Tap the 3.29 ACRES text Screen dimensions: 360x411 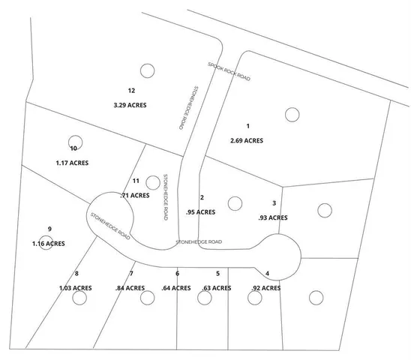(x=130, y=105)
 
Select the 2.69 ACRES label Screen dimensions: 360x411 (x=247, y=140)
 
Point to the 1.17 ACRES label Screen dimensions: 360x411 (x=73, y=162)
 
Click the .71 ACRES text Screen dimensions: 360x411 (x=134, y=196)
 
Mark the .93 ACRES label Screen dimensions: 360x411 (x=272, y=217)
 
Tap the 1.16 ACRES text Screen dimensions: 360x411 (x=48, y=244)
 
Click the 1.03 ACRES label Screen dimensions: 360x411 (x=76, y=288)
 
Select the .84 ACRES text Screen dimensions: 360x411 (x=130, y=288)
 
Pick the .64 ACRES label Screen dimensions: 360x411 (x=177, y=288)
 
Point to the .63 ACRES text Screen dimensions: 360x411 (x=217, y=288)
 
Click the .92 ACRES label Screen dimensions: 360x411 (x=265, y=288)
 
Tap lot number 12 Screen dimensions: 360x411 (x=131, y=91)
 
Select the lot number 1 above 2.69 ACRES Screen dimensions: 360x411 (x=247, y=125)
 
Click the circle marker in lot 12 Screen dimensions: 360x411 (x=146, y=71)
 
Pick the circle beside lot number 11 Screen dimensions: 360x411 (x=153, y=181)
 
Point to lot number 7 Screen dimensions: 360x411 (x=131, y=273)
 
